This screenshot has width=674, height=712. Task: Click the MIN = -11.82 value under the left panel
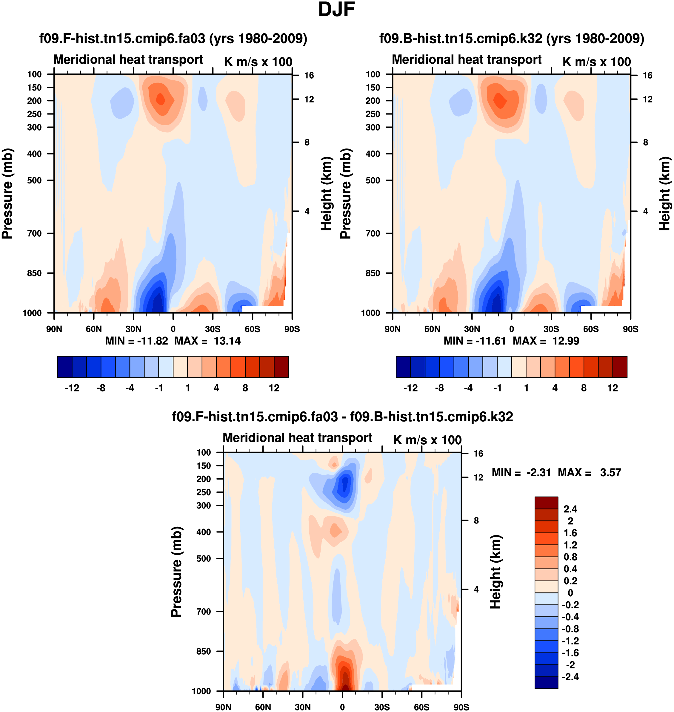click(136, 341)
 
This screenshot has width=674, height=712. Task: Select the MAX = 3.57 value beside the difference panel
click(589, 472)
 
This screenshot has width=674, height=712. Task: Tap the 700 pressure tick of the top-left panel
click(35, 233)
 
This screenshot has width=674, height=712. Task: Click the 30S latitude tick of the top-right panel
click(551, 329)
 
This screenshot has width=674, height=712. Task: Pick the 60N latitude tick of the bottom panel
click(263, 707)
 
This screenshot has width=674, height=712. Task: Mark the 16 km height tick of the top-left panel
click(309, 76)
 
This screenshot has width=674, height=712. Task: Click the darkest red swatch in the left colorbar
click(281, 367)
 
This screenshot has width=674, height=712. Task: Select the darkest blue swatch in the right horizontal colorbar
click(403, 367)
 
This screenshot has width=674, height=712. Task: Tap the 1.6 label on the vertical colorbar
click(570, 533)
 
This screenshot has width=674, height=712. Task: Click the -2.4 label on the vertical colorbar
click(570, 677)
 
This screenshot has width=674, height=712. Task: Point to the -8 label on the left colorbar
click(101, 388)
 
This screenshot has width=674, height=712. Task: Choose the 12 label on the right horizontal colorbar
click(613, 388)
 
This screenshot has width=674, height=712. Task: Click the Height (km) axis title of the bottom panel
click(496, 572)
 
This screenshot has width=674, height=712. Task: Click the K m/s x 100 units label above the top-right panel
click(596, 62)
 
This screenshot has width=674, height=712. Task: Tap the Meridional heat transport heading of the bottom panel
click(298, 438)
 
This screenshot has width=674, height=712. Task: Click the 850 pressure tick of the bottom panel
click(204, 651)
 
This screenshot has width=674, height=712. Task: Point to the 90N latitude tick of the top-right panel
click(393, 329)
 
